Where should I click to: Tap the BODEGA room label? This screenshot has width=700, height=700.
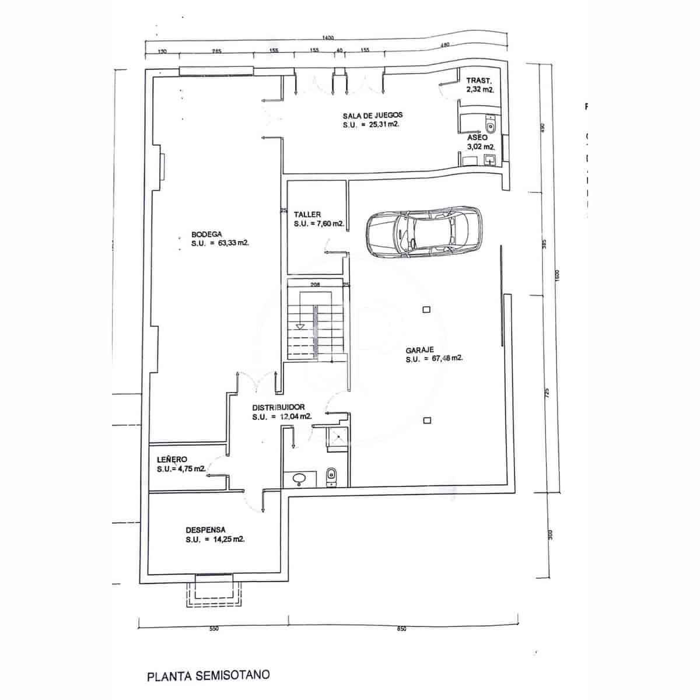pyautogui.click(x=206, y=235)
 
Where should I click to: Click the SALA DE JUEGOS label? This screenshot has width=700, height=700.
pyautogui.click(x=373, y=115)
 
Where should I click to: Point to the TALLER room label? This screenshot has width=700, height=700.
pyautogui.click(x=307, y=214)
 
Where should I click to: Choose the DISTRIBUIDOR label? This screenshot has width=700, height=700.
pyautogui.click(x=278, y=407)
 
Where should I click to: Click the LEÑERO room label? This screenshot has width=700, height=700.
pyautogui.click(x=171, y=459)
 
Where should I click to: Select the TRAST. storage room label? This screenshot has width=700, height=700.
pyautogui.click(x=479, y=80)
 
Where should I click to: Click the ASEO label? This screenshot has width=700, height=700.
pyautogui.click(x=477, y=138)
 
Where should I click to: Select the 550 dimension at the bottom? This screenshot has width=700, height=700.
pyautogui.click(x=213, y=629)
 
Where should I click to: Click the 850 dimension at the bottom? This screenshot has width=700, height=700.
pyautogui.click(x=401, y=629)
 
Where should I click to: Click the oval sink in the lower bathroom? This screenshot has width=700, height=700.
pyautogui.click(x=300, y=479)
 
